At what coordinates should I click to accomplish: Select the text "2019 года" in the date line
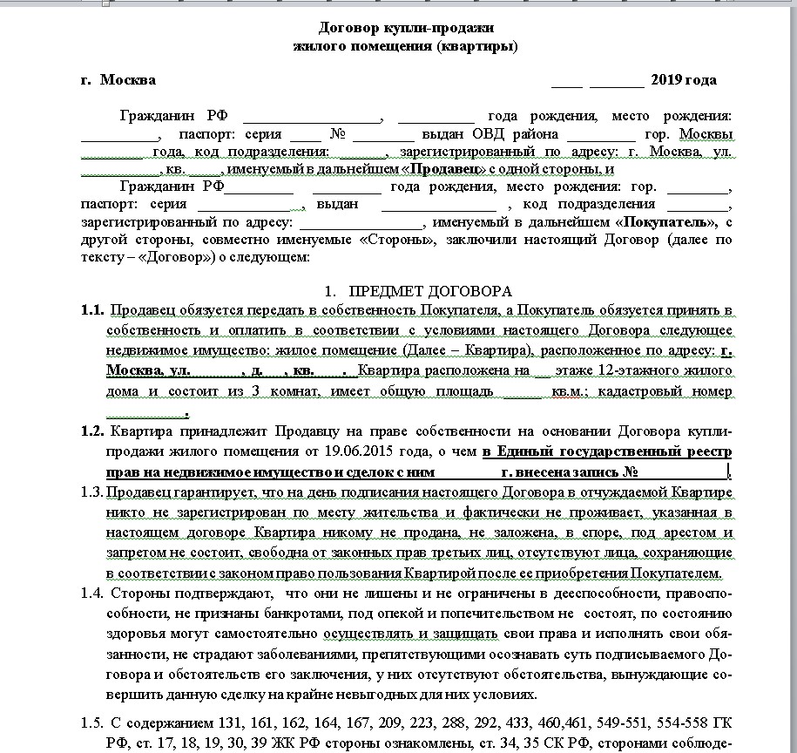click(684, 80)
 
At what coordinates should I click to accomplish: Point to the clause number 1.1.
click(92, 310)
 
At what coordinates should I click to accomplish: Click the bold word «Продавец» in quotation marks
click(447, 170)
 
